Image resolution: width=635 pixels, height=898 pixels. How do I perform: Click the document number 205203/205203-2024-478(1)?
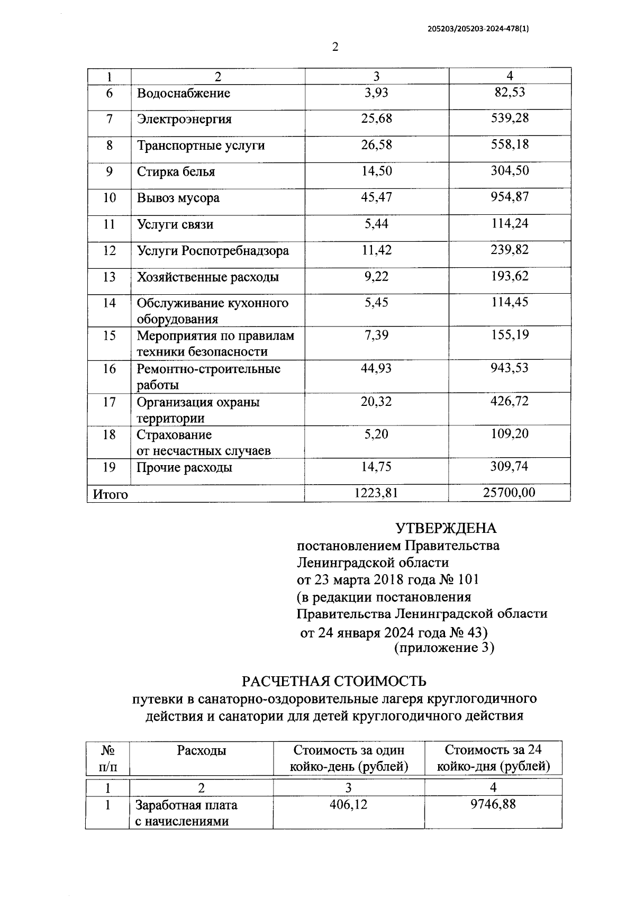pos(478,30)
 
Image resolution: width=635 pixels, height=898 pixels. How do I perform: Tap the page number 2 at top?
pos(334,47)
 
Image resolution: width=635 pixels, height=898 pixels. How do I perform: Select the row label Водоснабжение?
pos(183,94)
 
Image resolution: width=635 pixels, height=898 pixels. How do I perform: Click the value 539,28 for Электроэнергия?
pos(509,118)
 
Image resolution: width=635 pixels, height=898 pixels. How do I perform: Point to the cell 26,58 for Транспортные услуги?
pos(376,144)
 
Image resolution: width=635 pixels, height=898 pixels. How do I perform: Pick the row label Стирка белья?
pos(176,172)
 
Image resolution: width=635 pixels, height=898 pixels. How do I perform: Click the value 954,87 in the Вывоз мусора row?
pos(509,197)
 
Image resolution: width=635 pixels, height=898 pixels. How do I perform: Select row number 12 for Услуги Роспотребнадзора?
pos(109,250)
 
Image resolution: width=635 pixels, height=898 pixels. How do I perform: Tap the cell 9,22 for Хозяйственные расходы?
pos(376,276)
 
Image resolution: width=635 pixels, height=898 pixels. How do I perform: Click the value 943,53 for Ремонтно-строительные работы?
pos(509,368)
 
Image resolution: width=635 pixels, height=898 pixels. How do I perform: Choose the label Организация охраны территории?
pos(198,410)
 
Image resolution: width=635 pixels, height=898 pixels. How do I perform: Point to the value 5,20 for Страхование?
pos(376,434)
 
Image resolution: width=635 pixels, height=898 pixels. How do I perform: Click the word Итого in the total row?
pos(110,494)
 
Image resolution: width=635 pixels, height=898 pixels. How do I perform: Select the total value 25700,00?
pos(509,493)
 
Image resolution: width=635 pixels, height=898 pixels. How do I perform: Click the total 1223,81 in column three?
pos(376,493)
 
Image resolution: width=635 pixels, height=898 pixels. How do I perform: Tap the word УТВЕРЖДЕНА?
pos(446,528)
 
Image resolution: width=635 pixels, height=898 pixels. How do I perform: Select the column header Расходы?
pos(201,750)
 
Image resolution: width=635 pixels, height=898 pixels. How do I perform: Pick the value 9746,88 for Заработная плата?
pos(493,805)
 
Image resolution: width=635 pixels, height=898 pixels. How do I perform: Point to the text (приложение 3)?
pos(444,648)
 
